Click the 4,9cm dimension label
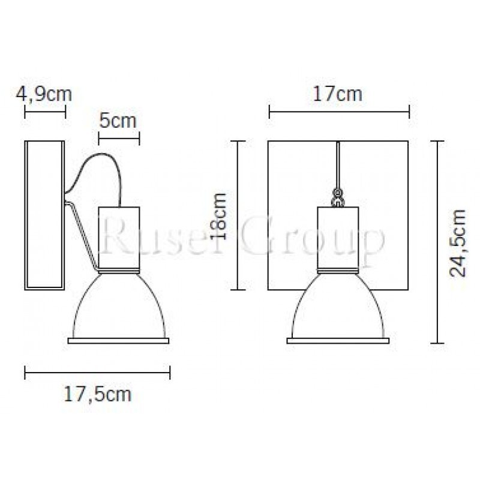point(44,94)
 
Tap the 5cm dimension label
point(118,121)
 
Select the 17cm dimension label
point(339,94)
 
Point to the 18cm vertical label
point(221,216)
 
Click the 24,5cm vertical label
point(458,242)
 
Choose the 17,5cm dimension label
point(97,394)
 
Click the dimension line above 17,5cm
point(97,373)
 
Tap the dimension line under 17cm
point(339,111)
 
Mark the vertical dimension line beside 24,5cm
point(437,242)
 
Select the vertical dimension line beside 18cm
point(239,215)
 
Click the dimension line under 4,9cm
point(44,111)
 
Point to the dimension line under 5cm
point(118,138)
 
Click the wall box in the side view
point(44,215)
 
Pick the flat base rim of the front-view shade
point(338,341)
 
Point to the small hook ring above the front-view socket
point(338,195)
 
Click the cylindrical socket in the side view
point(118,237)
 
